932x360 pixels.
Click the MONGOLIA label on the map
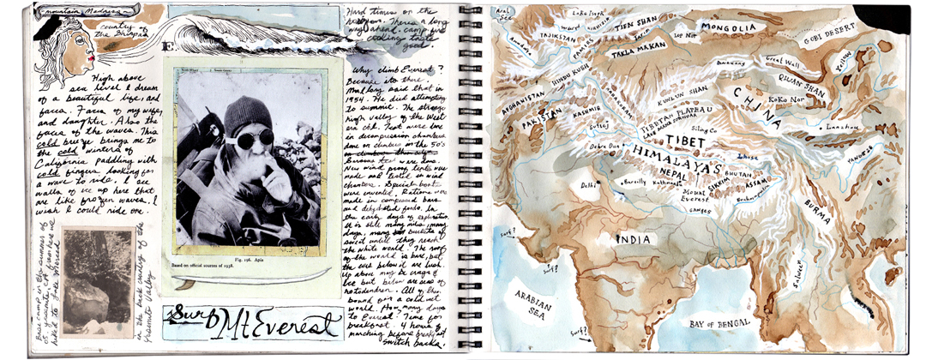(729, 29)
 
